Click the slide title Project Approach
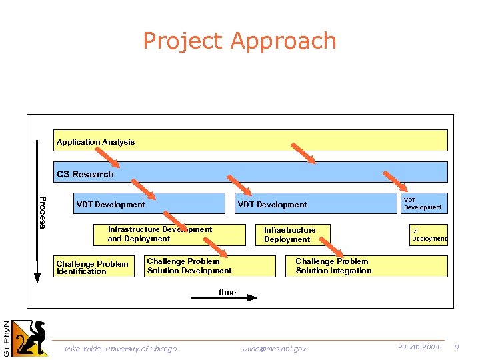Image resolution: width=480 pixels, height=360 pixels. pos(239,41)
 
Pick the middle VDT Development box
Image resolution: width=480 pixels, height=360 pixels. pos(313,204)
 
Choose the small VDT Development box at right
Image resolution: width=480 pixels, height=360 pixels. pos(423,203)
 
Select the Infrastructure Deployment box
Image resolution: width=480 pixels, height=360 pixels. pos(293,235)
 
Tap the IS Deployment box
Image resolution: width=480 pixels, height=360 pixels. pos(428,235)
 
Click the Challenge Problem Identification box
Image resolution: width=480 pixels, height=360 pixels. pos(93,267)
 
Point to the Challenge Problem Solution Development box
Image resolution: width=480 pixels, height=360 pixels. pos(209,266)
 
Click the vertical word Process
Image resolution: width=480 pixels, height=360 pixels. pos(42,212)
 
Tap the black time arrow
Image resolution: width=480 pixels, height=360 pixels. pos(223,297)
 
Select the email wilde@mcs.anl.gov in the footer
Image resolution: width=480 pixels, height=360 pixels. pos(273,349)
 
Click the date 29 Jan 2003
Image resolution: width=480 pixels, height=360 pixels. pos(418,347)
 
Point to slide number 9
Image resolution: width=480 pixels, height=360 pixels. pos(457,347)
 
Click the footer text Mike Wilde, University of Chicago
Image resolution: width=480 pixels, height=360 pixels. pos(121,349)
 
